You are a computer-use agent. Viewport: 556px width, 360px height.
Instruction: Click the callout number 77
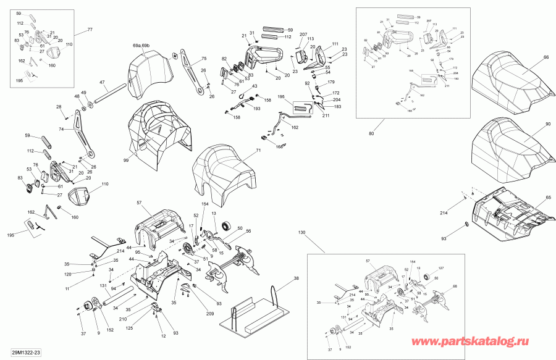(x=89, y=30)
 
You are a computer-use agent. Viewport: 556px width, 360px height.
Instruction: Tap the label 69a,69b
(x=141, y=46)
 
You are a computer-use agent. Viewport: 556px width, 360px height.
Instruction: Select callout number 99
(x=126, y=161)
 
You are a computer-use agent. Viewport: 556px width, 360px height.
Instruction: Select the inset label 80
(x=371, y=134)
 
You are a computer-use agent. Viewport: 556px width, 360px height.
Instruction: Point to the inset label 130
(x=301, y=233)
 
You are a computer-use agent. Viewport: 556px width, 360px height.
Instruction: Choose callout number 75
(x=203, y=59)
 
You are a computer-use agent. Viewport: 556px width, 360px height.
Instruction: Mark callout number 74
(x=61, y=130)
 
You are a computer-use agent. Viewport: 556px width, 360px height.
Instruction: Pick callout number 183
(x=337, y=107)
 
